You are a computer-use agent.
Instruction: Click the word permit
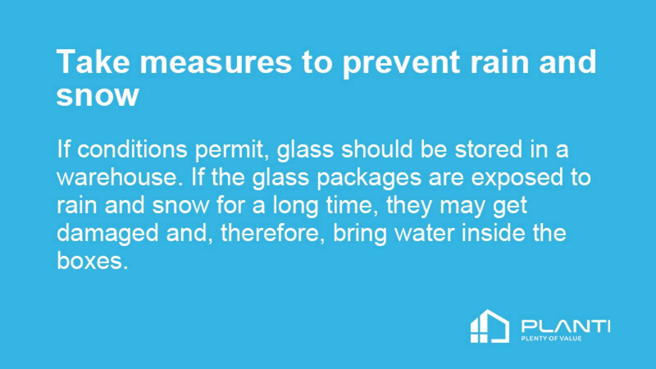[232, 151]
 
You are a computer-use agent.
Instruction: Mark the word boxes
[92, 262]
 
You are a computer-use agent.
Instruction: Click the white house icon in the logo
[490, 326]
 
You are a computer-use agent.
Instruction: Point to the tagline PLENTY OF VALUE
[551, 338]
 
